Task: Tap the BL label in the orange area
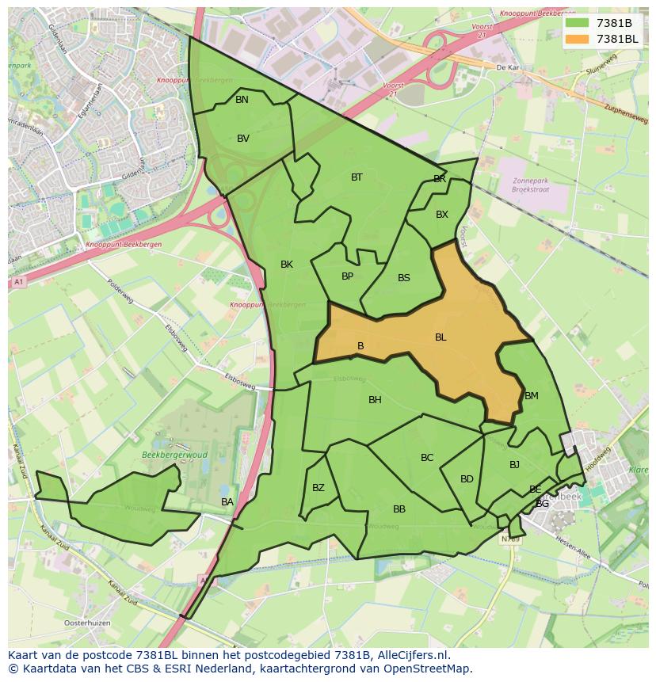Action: click(441, 337)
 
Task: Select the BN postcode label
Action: click(242, 100)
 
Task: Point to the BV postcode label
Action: click(243, 139)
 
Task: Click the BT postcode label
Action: click(357, 177)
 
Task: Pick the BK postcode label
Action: click(287, 265)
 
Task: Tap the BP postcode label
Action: click(347, 276)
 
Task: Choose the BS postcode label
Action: click(404, 278)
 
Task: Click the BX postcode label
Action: click(442, 215)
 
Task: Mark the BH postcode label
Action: click(375, 400)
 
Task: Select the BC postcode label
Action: click(427, 458)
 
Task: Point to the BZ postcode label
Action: click(318, 488)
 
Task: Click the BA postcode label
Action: click(227, 502)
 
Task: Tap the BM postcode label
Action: click(532, 396)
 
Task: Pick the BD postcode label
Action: click(467, 479)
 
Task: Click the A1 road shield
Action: click(18, 282)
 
